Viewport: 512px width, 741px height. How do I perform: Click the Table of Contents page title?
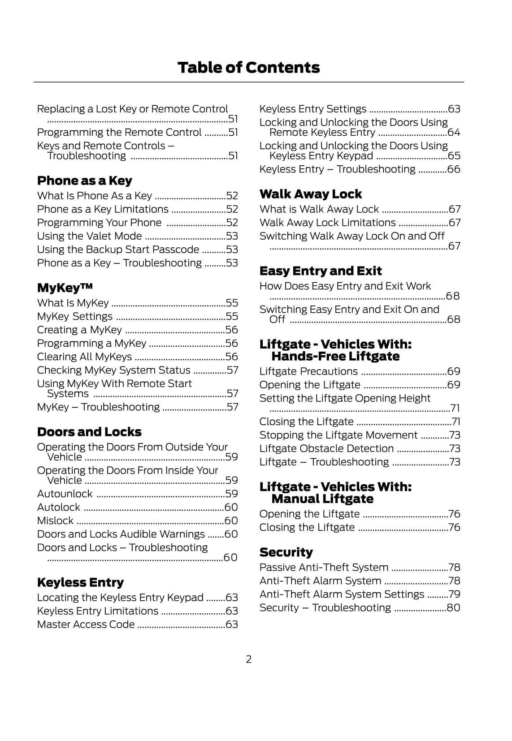click(248, 68)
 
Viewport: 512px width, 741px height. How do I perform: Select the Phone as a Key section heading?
click(84, 181)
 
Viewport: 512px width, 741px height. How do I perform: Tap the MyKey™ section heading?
click(65, 288)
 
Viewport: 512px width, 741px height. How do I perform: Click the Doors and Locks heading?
click(89, 432)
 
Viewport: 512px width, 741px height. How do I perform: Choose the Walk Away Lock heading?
click(310, 194)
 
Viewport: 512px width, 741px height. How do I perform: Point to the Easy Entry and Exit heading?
click(320, 271)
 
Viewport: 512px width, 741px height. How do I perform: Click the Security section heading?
click(286, 552)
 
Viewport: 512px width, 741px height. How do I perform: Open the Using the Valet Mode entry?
click(89, 236)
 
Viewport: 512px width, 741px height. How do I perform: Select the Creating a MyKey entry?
click(79, 330)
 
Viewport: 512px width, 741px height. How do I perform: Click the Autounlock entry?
click(65, 494)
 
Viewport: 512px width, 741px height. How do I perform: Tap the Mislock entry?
click(55, 521)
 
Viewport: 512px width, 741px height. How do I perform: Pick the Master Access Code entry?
click(86, 625)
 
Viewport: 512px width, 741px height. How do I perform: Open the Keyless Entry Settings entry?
click(312, 109)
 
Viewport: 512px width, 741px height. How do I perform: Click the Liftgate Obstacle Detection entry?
click(326, 448)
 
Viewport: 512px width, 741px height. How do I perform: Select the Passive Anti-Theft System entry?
click(323, 567)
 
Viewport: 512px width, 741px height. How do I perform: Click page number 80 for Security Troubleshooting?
click(454, 608)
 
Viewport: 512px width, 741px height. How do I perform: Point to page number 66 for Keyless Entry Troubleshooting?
click(454, 169)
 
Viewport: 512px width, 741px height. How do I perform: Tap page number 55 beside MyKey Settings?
click(232, 317)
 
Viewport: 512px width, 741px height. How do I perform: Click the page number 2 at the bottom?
click(249, 659)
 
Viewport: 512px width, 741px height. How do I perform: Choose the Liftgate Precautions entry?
click(308, 371)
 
